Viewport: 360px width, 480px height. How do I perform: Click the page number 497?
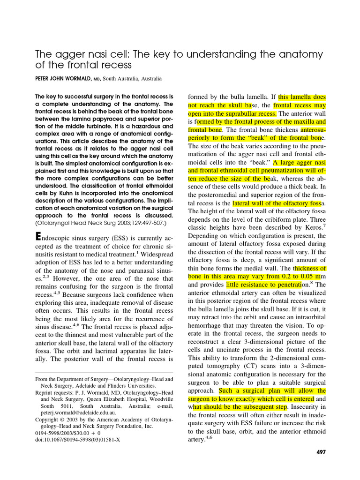coord(321,452)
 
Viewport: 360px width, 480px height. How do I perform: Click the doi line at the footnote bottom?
coord(74,440)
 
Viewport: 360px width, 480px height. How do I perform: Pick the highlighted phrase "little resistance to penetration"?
coord(263,285)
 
